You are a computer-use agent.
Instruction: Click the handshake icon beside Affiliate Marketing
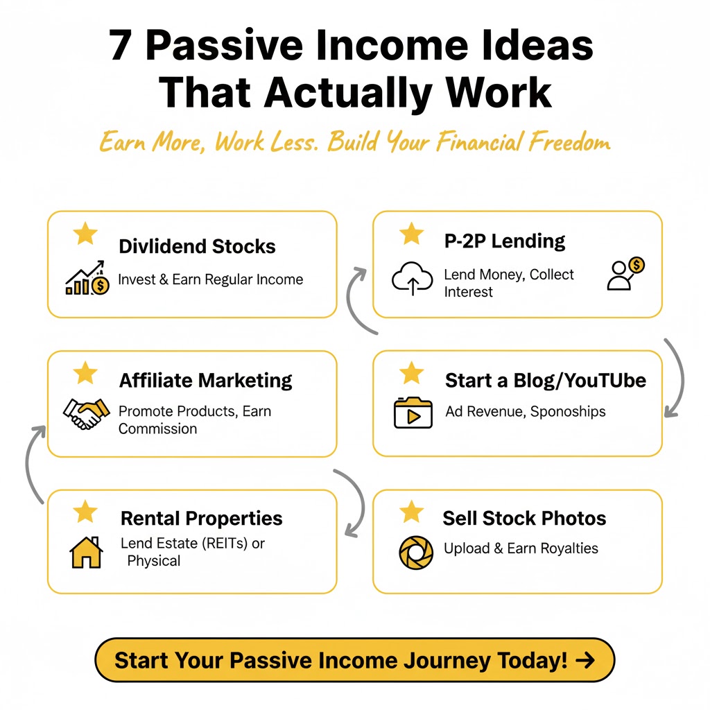click(x=86, y=414)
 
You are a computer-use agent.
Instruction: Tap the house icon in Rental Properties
click(x=86, y=553)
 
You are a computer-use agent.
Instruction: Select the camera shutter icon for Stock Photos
click(x=415, y=553)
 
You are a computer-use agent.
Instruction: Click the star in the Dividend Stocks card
click(x=86, y=234)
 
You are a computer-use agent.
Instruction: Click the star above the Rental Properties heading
click(x=85, y=512)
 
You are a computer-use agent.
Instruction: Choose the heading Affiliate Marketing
click(x=205, y=381)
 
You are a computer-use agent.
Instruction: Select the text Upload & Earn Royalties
click(x=521, y=548)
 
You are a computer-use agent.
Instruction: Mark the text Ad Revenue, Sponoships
click(x=525, y=412)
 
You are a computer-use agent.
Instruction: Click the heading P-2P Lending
click(x=504, y=241)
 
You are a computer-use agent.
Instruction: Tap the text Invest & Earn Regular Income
click(x=210, y=280)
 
